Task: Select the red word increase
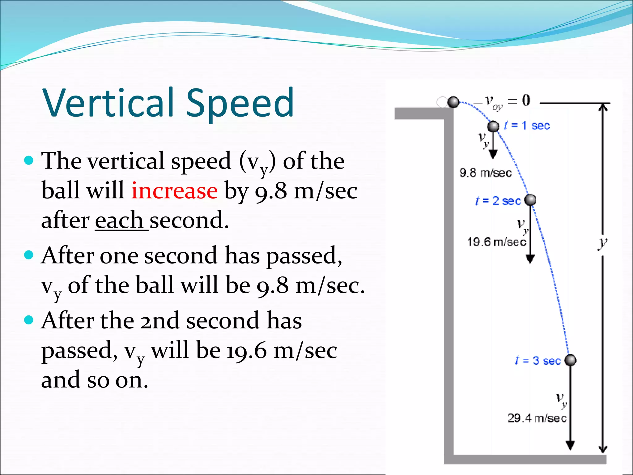174,191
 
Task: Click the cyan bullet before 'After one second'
28,255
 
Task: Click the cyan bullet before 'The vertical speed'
28,160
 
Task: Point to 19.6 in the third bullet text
246,351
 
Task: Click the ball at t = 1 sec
493,126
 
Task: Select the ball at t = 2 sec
530,200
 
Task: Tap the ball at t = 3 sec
570,360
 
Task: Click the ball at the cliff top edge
453,102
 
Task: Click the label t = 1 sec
527,126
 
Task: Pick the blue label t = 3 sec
538,361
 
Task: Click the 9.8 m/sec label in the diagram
485,173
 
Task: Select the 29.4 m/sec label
537,418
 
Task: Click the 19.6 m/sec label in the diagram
496,242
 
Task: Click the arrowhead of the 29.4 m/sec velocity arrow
570,445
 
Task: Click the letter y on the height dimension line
602,244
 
